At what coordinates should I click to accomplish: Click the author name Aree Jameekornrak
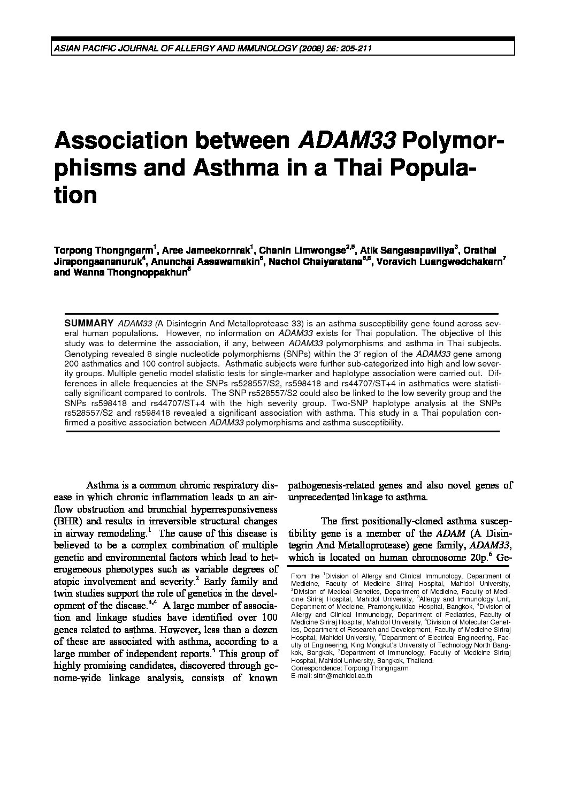pos(206,250)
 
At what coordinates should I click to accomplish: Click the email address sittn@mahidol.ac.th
pos(332,675)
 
